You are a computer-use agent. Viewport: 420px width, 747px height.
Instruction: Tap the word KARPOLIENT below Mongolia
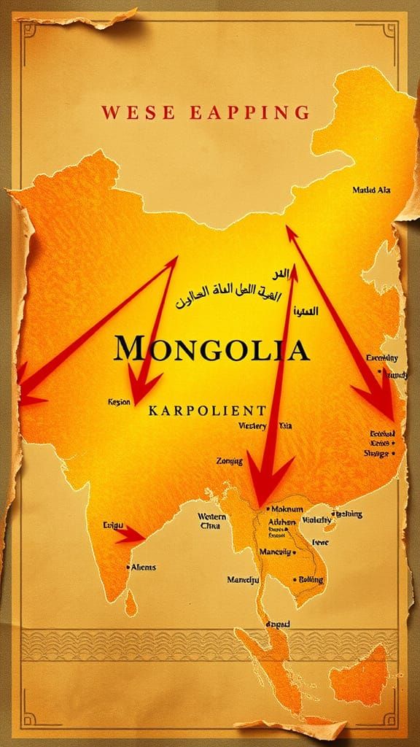pos(206,410)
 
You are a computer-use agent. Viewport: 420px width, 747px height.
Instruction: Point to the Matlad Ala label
pos(370,190)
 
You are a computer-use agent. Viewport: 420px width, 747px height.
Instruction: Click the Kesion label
pos(118,402)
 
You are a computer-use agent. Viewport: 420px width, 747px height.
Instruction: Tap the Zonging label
pos(230,461)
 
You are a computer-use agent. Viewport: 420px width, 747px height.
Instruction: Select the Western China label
pos(213,521)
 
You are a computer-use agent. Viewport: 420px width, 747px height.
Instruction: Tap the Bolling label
pos(309,579)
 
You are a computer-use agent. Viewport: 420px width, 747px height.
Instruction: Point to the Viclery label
pos(252,426)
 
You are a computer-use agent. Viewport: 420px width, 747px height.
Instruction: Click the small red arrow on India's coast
pos(131,535)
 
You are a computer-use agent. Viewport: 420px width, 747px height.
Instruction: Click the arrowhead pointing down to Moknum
pos(261,481)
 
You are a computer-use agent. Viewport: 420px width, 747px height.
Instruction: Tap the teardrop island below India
pos(131,603)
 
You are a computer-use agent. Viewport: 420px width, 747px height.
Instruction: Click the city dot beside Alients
pos(129,567)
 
